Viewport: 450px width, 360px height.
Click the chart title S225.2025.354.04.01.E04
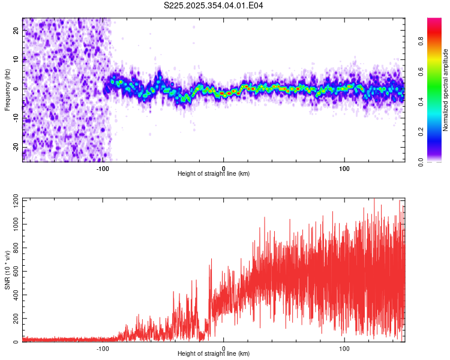tap(214, 5)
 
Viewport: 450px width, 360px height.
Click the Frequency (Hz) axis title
tap(7, 90)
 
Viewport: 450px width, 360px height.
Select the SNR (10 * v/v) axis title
tap(7, 270)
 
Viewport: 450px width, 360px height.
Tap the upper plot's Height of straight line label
tap(214, 173)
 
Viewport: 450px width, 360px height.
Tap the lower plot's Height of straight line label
tap(214, 353)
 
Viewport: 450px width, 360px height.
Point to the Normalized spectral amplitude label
tap(446, 90)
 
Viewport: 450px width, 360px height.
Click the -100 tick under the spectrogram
tap(103, 169)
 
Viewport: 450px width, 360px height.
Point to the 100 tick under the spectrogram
tap(344, 169)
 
